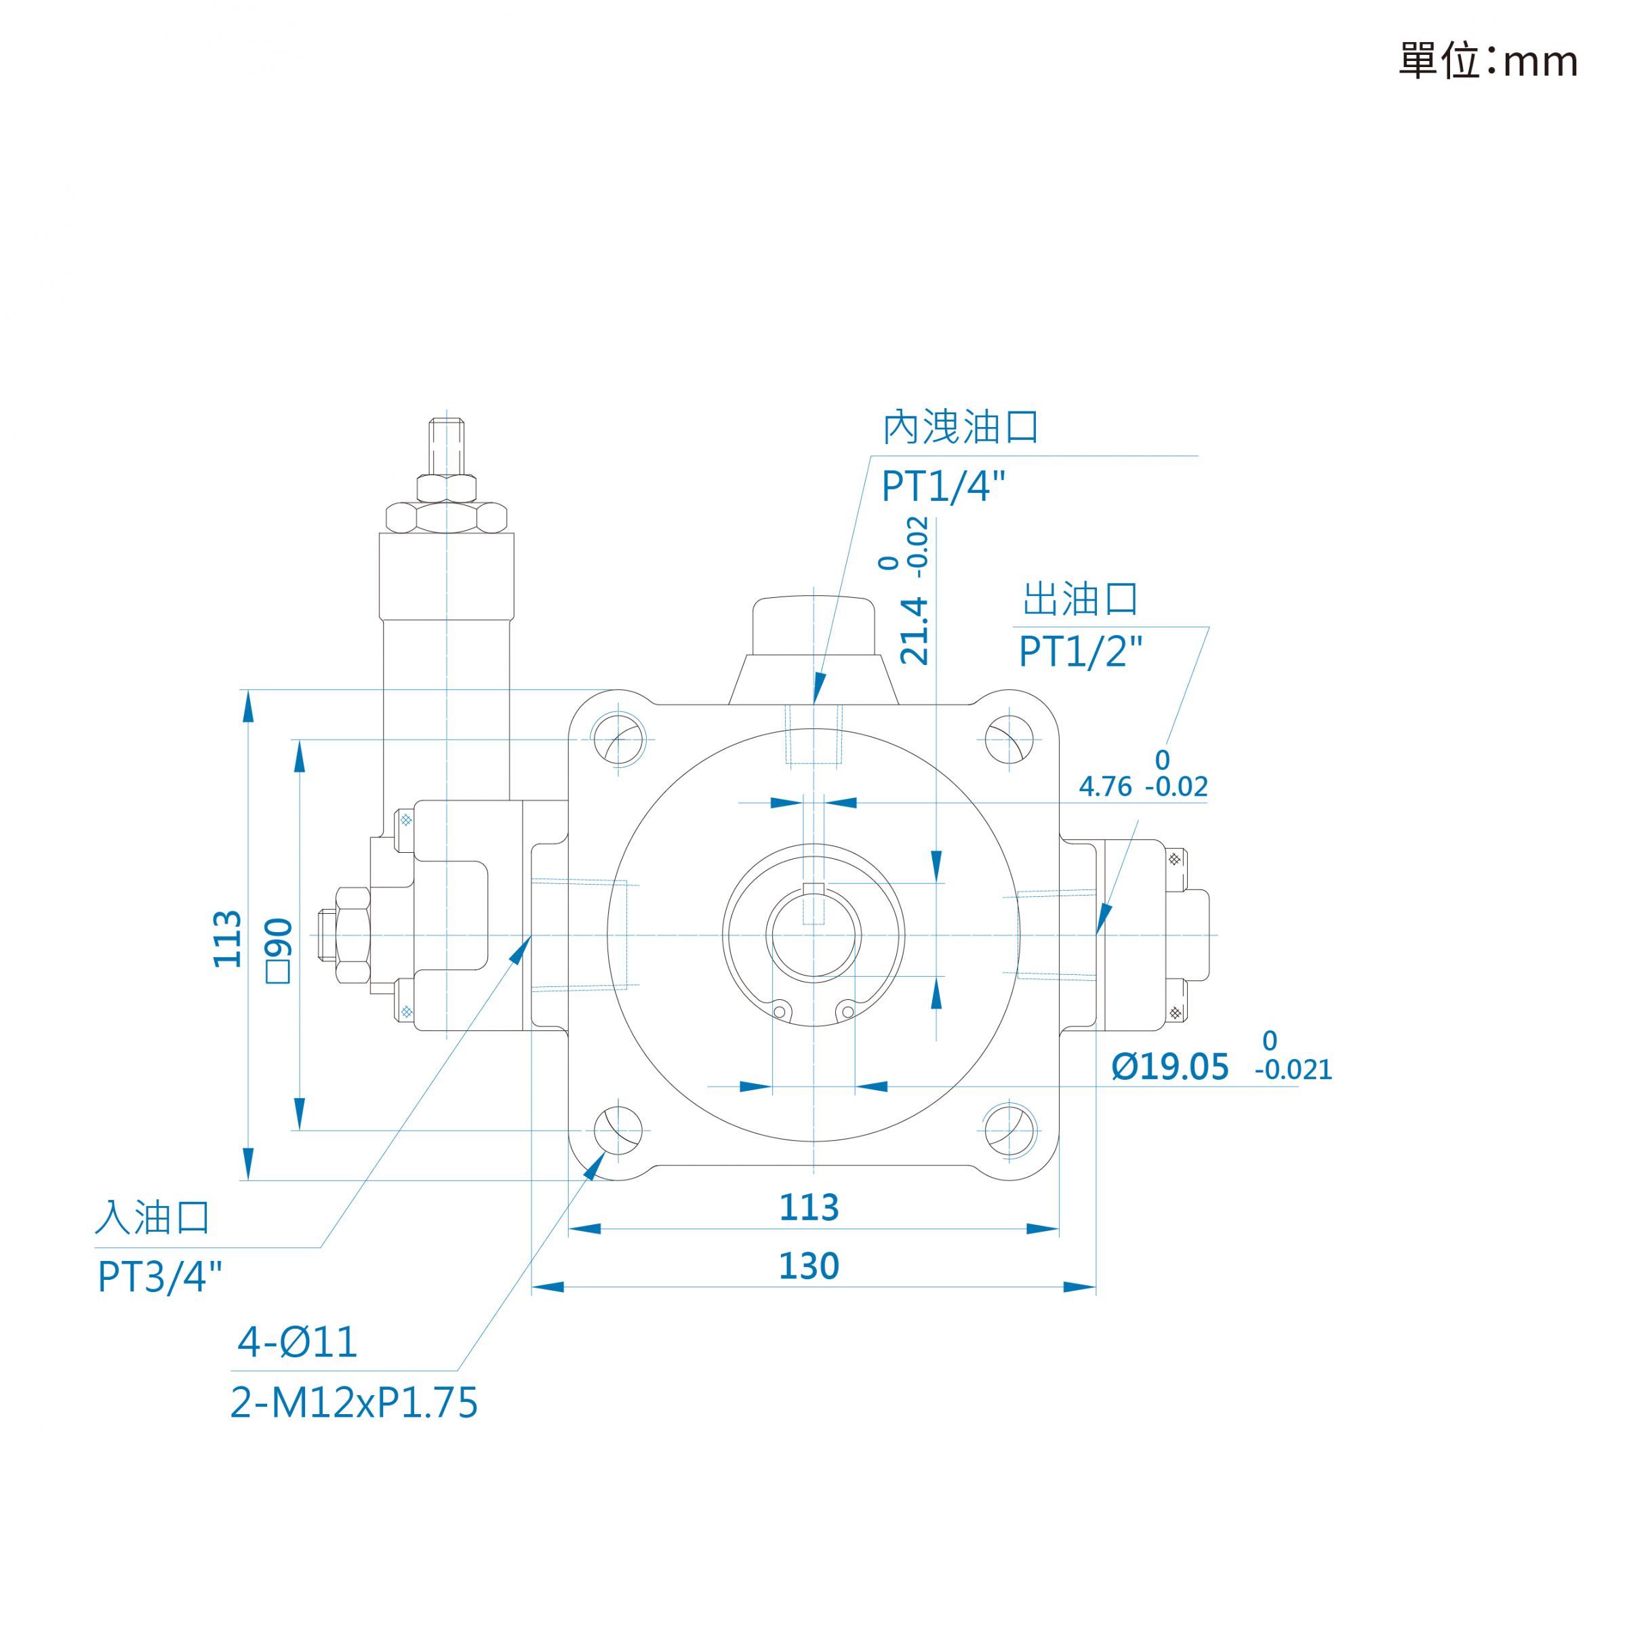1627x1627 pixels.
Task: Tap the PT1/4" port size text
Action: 943,487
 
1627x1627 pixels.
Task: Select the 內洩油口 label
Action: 961,428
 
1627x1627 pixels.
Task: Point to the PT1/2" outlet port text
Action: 1081,651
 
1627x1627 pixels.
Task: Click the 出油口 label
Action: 1081,599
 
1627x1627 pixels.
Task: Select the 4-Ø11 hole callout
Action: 298,1342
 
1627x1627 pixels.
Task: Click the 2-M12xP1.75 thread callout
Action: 354,1403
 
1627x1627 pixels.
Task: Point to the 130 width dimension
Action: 809,1266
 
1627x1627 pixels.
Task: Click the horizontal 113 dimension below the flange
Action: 809,1207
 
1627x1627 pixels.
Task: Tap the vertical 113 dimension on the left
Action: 227,939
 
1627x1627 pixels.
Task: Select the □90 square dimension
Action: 279,950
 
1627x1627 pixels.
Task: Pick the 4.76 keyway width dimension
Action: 1105,786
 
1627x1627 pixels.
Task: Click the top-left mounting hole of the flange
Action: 619,740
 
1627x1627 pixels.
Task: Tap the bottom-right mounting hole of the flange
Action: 1009,1130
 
